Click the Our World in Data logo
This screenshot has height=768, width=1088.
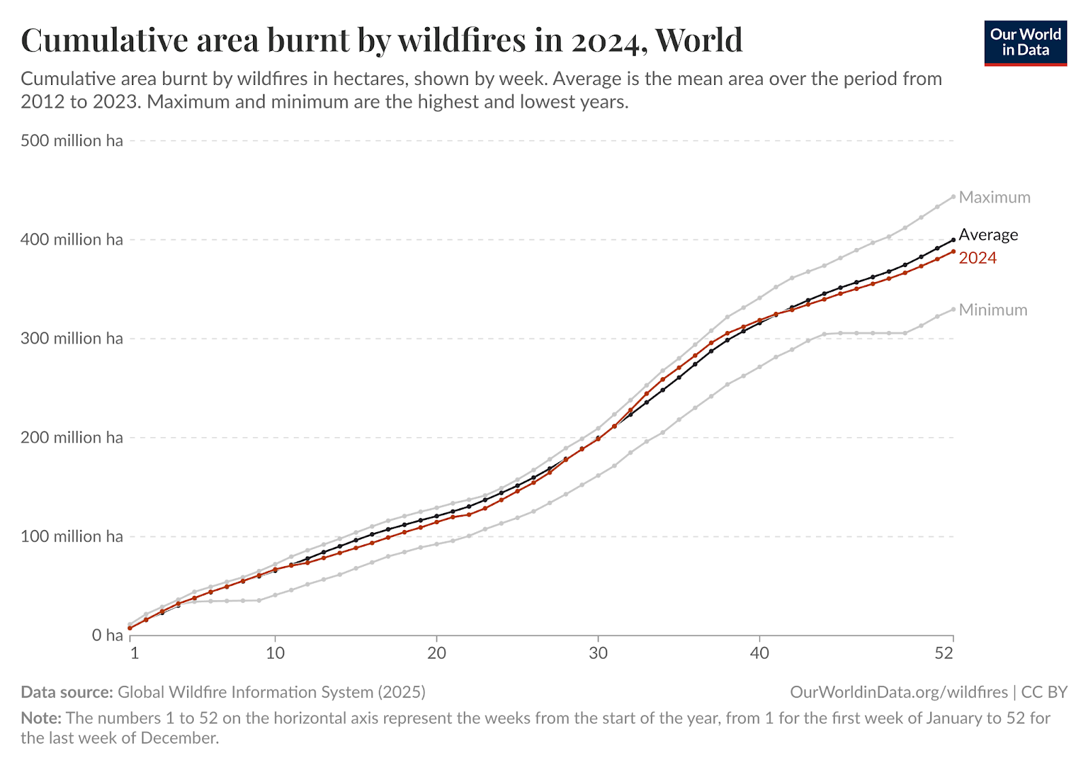1025,42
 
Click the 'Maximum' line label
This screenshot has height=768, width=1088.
994,197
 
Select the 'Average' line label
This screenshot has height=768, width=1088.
988,234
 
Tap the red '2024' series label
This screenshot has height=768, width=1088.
977,258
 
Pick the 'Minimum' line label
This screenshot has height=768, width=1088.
993,310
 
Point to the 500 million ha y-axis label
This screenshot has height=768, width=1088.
71,141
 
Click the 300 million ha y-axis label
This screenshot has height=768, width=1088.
71,338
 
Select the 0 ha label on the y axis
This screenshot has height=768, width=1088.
107,635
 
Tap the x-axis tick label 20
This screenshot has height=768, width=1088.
437,653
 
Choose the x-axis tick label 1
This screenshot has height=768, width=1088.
135,653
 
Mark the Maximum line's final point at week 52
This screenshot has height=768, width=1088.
953,196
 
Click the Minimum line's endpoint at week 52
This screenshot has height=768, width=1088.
953,309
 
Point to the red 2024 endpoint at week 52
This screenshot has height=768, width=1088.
953,251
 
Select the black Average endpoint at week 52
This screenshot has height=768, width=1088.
953,239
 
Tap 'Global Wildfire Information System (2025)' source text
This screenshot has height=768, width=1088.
271,692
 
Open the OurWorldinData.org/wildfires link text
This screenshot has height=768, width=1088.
898,692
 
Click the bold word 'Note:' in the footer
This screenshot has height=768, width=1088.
41,718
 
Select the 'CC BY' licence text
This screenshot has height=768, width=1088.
1044,692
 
